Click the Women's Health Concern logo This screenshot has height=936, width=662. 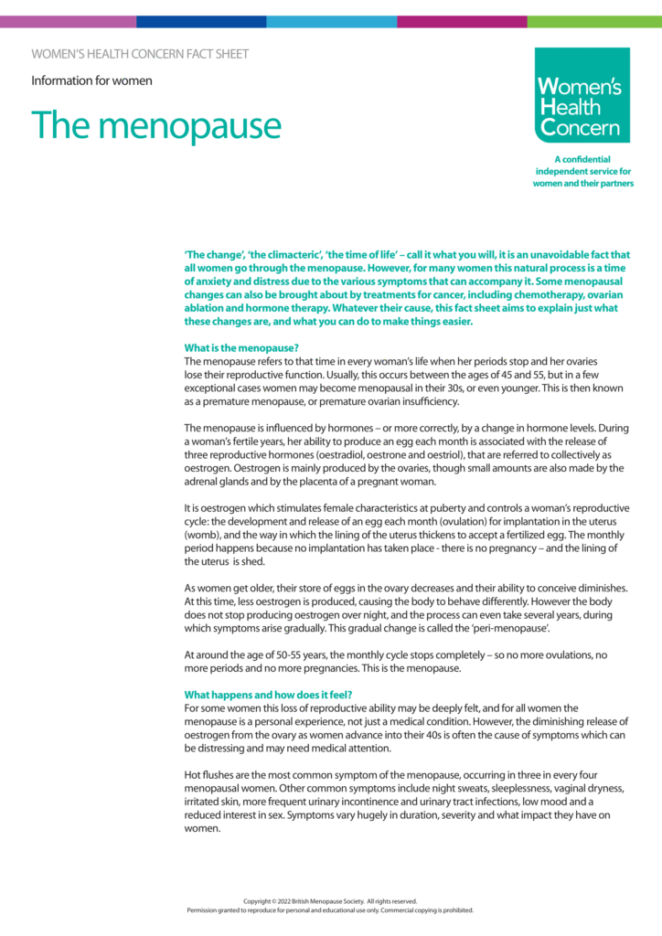pyautogui.click(x=583, y=95)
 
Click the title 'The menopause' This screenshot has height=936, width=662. pyautogui.click(x=156, y=125)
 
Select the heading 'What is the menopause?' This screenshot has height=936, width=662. pyautogui.click(x=242, y=348)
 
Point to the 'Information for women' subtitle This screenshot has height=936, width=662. pyautogui.click(x=91, y=80)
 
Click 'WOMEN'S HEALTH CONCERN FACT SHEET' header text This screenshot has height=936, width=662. pyautogui.click(x=140, y=54)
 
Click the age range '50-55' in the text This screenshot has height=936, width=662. pyautogui.click(x=277, y=655)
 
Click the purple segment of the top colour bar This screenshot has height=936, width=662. pyautogui.click(x=69, y=20)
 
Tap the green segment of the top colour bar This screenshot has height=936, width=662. pyautogui.click(x=594, y=20)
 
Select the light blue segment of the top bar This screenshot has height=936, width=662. pyautogui.click(x=332, y=20)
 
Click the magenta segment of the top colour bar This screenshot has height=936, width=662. pyautogui.click(x=462, y=20)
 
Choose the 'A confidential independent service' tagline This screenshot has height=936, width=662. pyautogui.click(x=583, y=171)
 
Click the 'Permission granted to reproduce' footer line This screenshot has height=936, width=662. pyautogui.click(x=330, y=910)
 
